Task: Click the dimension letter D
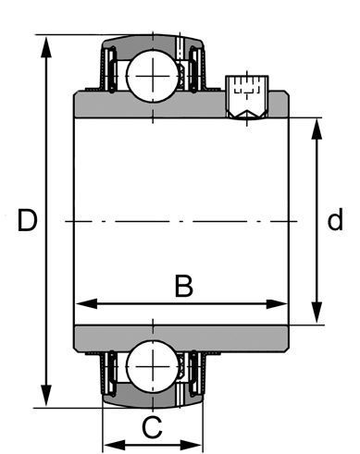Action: pyautogui.click(x=27, y=220)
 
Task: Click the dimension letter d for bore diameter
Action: pyautogui.click(x=335, y=219)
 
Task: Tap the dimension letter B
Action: pyautogui.click(x=184, y=286)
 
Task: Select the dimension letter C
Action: pyautogui.click(x=152, y=427)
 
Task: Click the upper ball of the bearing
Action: pyautogui.click(x=153, y=76)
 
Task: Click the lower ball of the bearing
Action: pyautogui.click(x=153, y=366)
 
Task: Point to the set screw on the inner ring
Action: pyautogui.click(x=247, y=97)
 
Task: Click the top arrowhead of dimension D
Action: pyautogui.click(x=46, y=47)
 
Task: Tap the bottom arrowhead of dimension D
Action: pyautogui.click(x=46, y=395)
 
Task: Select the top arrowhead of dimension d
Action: pyautogui.click(x=317, y=129)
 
